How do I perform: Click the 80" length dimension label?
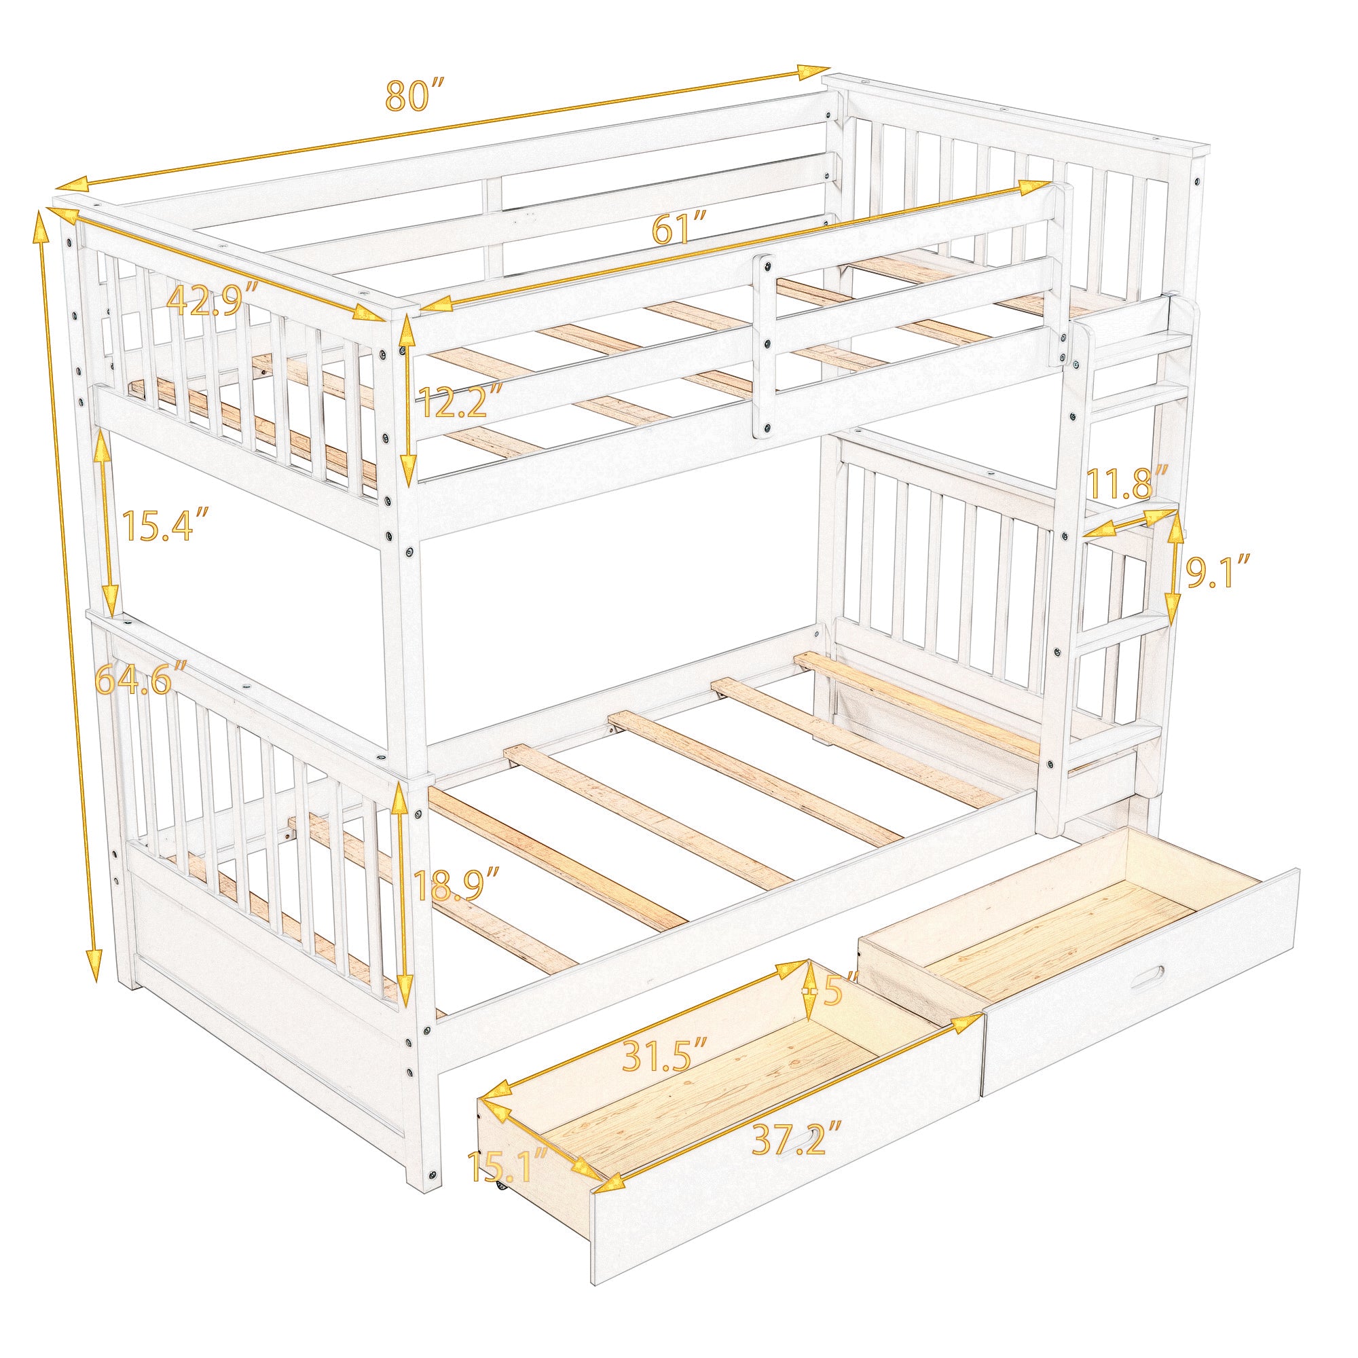416,96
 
